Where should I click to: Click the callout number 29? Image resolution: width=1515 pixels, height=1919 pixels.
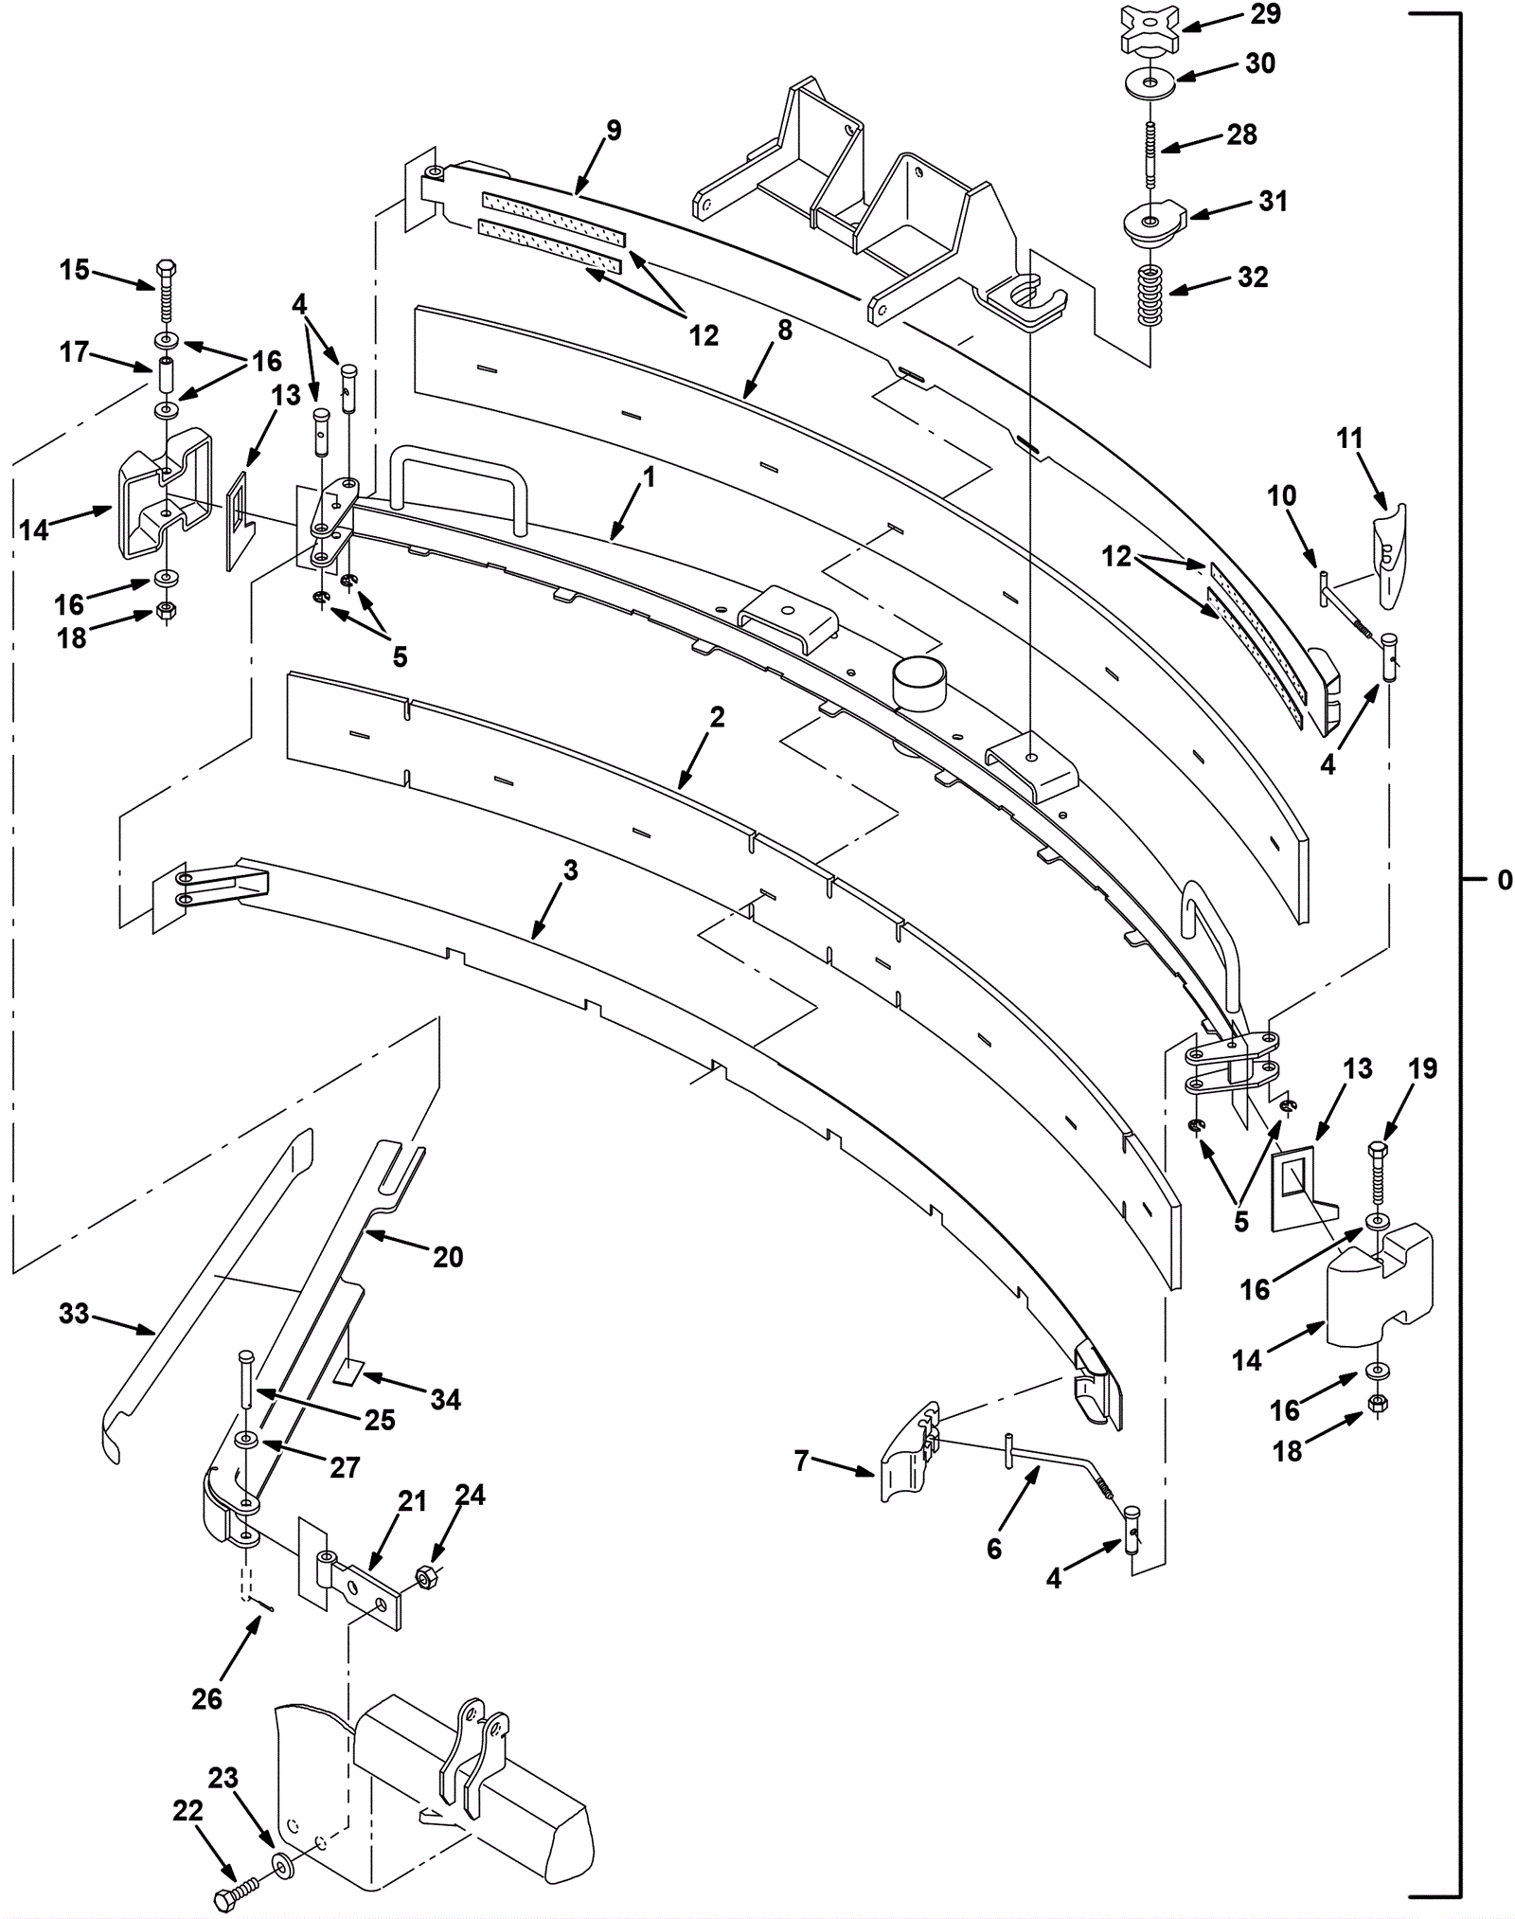(x=1265, y=14)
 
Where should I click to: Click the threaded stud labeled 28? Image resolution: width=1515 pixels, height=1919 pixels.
(x=1150, y=156)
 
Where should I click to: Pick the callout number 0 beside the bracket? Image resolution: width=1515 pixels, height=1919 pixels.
(x=1505, y=880)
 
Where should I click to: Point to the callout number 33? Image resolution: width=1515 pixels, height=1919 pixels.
(x=74, y=1314)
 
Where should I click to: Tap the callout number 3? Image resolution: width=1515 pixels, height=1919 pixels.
(x=570, y=870)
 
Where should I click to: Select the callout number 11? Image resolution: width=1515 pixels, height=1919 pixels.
(x=1350, y=439)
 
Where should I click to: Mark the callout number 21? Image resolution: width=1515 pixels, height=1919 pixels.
(x=413, y=1501)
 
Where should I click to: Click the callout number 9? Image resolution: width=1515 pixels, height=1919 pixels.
(x=614, y=131)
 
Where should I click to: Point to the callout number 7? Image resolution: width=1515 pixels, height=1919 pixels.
(x=802, y=1462)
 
